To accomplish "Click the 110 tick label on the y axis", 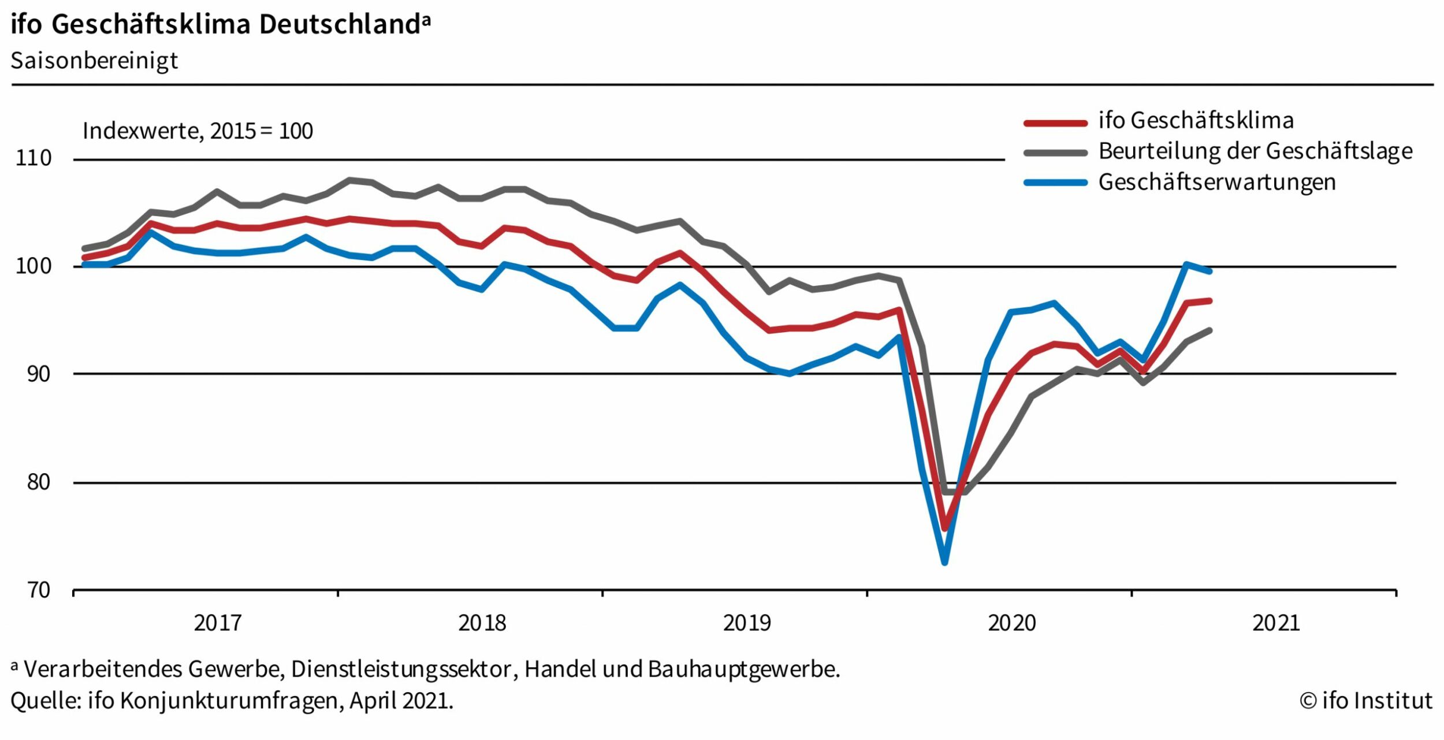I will point(34,158).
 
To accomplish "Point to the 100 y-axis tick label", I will point(34,266).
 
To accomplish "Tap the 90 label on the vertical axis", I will point(39,374).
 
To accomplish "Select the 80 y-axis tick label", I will point(39,482).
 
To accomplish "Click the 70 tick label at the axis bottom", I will point(39,590).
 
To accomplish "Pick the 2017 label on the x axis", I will point(217,623).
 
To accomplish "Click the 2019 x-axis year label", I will point(747,623).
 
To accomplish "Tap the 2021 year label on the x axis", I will point(1276,623).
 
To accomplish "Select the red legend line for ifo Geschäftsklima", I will point(1055,123).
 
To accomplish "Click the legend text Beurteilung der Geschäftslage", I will point(1255,151).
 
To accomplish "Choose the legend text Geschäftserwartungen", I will point(1216,183).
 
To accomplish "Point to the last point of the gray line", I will point(1209,330).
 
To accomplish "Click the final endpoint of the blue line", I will point(1209,271).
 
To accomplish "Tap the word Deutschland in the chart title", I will point(340,24).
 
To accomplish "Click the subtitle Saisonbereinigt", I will point(94,61).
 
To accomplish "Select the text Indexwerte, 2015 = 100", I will point(198,131).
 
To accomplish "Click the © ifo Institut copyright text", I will point(1365,701).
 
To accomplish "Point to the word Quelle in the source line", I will point(45,701).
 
